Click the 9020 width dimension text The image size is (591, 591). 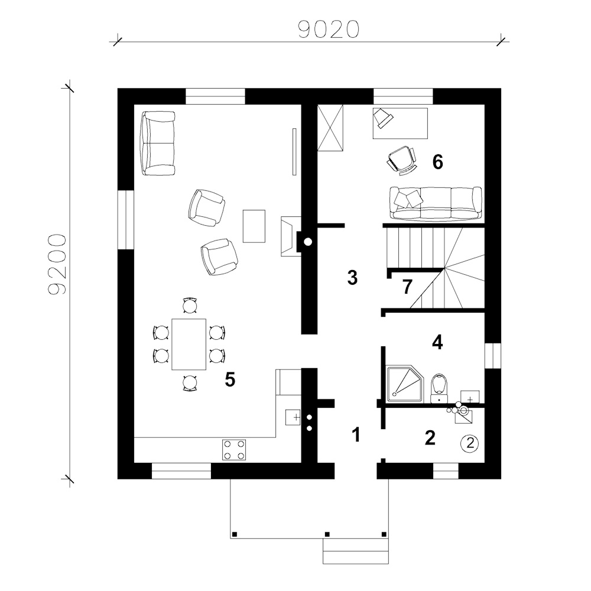[329, 30]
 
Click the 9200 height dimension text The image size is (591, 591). [57, 264]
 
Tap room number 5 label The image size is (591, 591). [230, 379]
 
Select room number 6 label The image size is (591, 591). [437, 162]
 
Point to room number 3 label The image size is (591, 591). [352, 277]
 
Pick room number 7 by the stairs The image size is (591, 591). [407, 287]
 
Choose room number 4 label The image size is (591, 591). [437, 342]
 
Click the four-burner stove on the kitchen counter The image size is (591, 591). [234, 450]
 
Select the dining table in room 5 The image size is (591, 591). [189, 344]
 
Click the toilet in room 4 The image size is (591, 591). [439, 388]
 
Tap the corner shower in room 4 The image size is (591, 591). [404, 383]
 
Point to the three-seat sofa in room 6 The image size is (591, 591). [436, 203]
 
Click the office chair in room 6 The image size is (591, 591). [402, 160]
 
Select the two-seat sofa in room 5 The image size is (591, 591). [158, 143]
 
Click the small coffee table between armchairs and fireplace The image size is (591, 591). [254, 226]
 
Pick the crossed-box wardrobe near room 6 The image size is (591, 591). [330, 128]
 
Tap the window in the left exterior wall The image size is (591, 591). [126, 220]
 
